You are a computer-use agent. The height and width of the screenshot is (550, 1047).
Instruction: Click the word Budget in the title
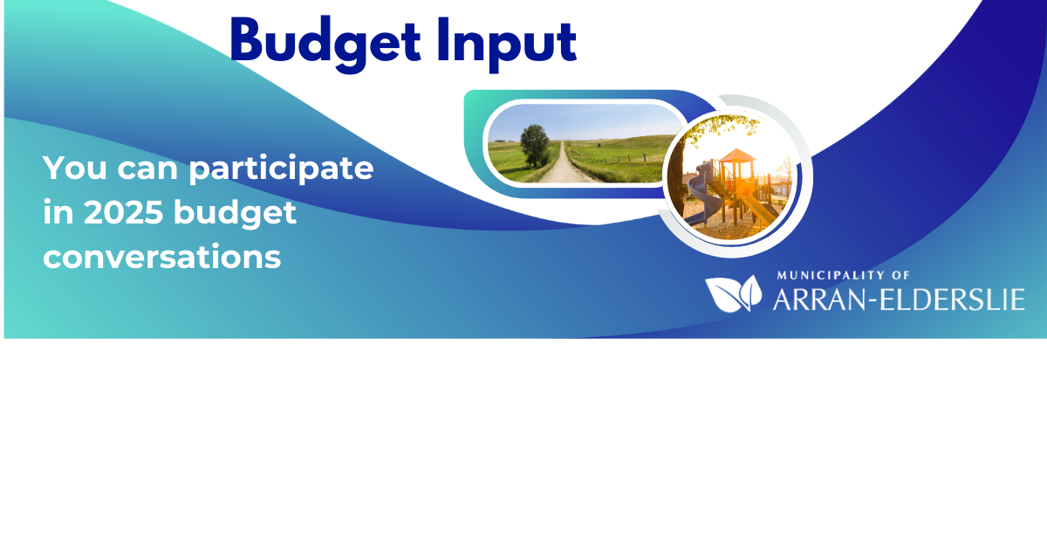pyautogui.click(x=325, y=44)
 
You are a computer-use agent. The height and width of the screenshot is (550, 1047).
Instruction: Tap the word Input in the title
pyautogui.click(x=507, y=45)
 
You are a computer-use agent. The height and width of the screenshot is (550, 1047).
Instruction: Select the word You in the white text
pyautogui.click(x=75, y=168)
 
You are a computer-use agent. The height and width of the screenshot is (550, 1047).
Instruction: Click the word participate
pyautogui.click(x=281, y=169)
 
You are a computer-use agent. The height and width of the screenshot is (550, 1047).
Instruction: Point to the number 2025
pyautogui.click(x=123, y=212)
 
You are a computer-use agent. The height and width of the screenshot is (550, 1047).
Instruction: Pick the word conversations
pyautogui.click(x=161, y=257)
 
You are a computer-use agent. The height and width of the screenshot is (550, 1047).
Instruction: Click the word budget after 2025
pyautogui.click(x=235, y=213)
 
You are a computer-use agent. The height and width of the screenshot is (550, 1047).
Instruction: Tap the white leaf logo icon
pyautogui.click(x=734, y=293)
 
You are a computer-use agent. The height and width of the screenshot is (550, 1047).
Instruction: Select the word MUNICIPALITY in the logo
pyautogui.click(x=830, y=276)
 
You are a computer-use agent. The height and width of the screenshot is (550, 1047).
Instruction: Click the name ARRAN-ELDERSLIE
pyautogui.click(x=899, y=299)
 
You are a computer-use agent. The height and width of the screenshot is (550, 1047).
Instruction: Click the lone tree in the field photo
pyautogui.click(x=535, y=146)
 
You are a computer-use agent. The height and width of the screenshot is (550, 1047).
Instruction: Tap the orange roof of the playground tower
pyautogui.click(x=737, y=155)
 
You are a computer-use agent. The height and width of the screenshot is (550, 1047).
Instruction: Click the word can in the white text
pyautogui.click(x=147, y=169)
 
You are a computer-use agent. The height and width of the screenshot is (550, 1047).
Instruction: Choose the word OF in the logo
pyautogui.click(x=900, y=276)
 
